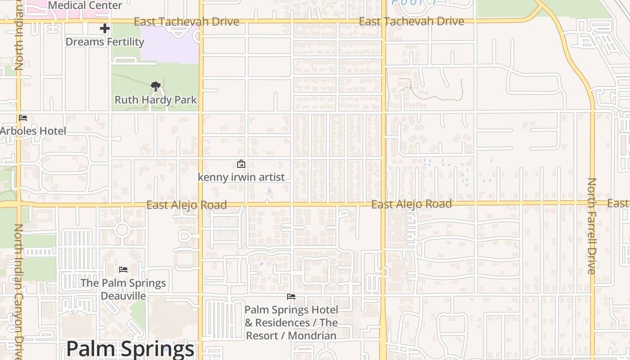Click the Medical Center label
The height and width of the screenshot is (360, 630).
pos(85,5)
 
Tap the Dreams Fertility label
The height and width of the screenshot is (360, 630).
pos(105,42)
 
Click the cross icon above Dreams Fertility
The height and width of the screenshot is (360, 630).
pos(105,28)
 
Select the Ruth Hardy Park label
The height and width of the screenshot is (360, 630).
pos(156,99)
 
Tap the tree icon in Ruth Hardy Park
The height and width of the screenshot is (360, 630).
pos(156,86)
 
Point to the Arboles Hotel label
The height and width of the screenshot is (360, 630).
pos(33,131)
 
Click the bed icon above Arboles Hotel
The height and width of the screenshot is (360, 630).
pos(23,118)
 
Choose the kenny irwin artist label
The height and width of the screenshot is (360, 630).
pos(241,177)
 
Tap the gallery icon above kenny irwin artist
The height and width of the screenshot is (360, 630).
pos(241,164)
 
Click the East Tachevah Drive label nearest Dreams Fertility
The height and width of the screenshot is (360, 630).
pos(186,22)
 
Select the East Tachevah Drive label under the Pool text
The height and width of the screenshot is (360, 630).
pos(411,21)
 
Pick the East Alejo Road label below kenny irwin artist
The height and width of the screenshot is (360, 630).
pos(186,205)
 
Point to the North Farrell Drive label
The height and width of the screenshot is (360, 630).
pos(591,226)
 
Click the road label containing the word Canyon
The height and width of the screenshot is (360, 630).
pos(18,290)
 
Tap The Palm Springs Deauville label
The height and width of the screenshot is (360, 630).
pos(123,289)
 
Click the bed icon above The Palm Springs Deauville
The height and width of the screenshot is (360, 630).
pos(123,270)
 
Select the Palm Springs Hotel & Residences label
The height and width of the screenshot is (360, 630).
pos(291,323)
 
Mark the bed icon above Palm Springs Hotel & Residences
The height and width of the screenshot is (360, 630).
pos(291,297)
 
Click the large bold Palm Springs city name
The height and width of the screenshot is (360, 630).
pos(130,349)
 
